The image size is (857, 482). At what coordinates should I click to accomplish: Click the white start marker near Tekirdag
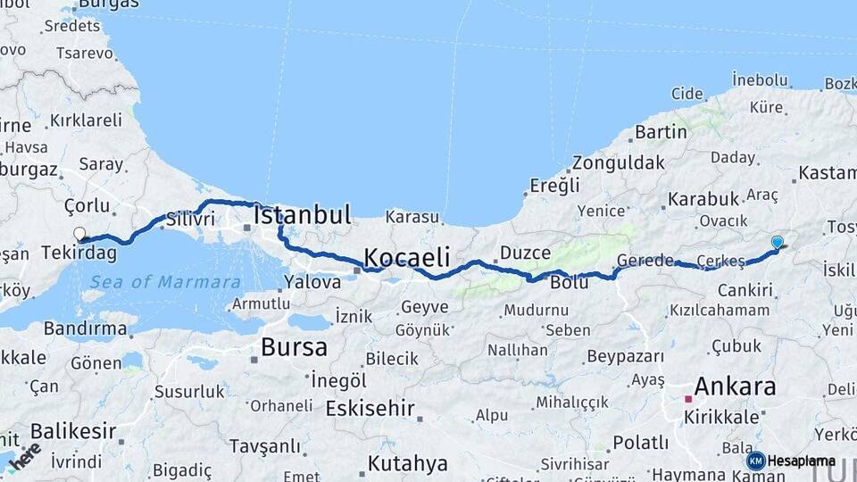79,235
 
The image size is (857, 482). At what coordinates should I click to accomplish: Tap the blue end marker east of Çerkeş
777,242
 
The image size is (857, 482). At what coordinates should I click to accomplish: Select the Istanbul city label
302,215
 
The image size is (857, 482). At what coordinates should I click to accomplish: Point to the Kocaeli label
406,257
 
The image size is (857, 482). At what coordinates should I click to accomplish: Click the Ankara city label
734,386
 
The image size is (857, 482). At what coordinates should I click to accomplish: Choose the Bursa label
294,346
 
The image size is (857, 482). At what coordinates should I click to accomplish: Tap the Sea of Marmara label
164,282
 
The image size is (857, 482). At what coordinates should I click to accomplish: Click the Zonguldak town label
619,162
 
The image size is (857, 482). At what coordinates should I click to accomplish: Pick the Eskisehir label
370,409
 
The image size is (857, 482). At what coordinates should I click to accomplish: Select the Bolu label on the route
570,283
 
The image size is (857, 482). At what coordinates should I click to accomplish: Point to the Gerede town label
645,261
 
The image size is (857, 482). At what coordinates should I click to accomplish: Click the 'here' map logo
24,454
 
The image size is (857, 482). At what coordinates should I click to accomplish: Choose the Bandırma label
84,328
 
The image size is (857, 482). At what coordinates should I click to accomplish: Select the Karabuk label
703,198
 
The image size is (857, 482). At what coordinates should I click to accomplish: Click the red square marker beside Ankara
687,401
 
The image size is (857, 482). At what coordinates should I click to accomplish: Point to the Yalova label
312,282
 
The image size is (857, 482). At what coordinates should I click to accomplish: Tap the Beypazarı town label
625,357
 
